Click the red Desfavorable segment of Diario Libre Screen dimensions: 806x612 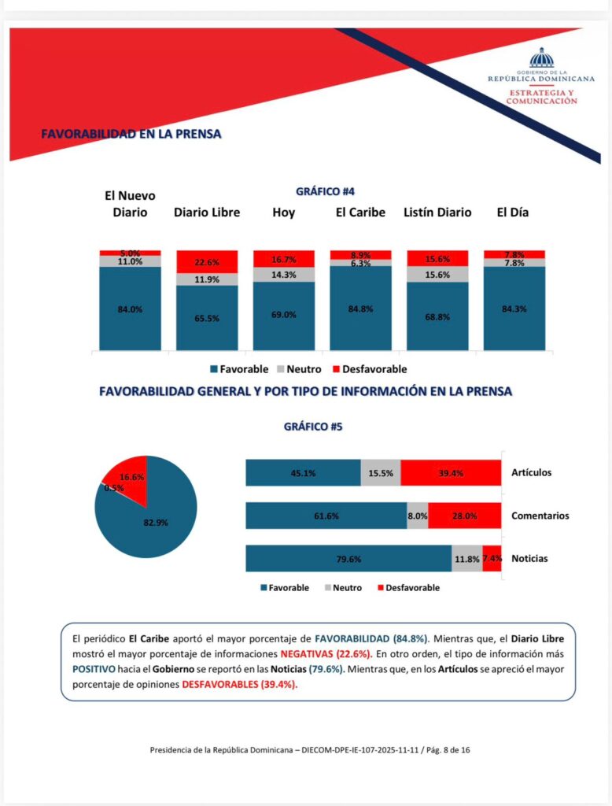[x=207, y=261]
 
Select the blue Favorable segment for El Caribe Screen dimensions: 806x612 [x=360, y=308]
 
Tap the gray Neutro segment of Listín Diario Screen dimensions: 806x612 [x=437, y=274]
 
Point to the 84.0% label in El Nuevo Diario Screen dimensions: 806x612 [x=130, y=309]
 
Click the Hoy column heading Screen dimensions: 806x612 [x=283, y=213]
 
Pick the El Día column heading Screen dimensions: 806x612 [x=514, y=213]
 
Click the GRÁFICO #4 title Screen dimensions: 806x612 [x=330, y=191]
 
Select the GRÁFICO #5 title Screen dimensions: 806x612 [x=313, y=427]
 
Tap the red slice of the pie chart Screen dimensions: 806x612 [x=126, y=475]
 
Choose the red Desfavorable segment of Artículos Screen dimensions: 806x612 [x=451, y=473]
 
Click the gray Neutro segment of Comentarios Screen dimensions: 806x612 [x=418, y=516]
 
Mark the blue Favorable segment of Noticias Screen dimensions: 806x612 [x=348, y=559]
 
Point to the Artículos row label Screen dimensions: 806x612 [x=531, y=473]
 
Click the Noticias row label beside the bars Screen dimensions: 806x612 [x=529, y=559]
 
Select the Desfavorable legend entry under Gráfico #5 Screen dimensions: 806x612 [x=408, y=587]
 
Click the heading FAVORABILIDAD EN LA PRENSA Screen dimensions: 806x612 [x=131, y=135]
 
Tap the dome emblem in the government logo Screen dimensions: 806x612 [x=541, y=57]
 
